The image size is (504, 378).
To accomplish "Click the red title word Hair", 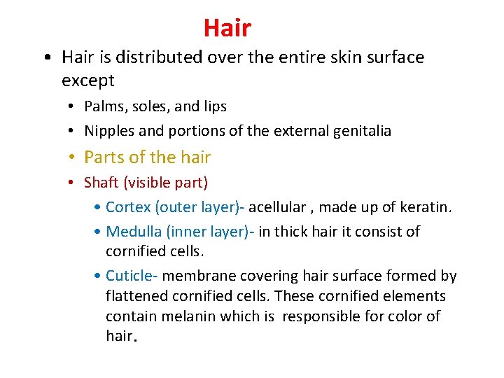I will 227,28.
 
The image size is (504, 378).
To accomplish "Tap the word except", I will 87,80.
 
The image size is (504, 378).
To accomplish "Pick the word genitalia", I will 360,130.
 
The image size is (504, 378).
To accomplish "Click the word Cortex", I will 128,207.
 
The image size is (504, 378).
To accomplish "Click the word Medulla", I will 132,231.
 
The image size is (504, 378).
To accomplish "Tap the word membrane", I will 199,276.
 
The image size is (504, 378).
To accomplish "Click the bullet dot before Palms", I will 73,107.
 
